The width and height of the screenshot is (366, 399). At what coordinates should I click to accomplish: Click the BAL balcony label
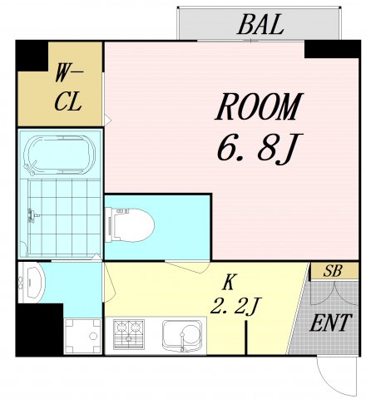coord(260,24)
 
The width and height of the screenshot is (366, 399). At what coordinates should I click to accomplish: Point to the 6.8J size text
coord(260,148)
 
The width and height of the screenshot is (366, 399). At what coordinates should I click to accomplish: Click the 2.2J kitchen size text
coord(235,306)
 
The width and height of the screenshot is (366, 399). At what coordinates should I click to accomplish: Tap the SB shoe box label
coord(333,271)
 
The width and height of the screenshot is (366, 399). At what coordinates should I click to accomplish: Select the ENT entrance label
coord(331,323)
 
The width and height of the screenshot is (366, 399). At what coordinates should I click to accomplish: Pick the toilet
coord(130,224)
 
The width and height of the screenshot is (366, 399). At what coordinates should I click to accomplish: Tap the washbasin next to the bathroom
coord(31,282)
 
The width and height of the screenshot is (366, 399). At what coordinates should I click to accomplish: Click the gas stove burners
coord(129,334)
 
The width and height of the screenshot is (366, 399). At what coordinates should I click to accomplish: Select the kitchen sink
coord(182,335)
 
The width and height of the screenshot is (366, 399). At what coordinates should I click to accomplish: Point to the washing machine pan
coord(83,336)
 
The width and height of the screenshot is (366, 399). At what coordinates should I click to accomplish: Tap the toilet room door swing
coord(189,267)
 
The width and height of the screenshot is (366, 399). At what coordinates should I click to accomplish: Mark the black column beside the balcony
coord(332,49)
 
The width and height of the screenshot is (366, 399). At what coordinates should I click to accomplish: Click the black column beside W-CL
coord(32,56)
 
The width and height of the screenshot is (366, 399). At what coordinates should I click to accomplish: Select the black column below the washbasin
coord(39,330)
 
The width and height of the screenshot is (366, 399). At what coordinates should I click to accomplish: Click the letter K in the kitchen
coord(229,282)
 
